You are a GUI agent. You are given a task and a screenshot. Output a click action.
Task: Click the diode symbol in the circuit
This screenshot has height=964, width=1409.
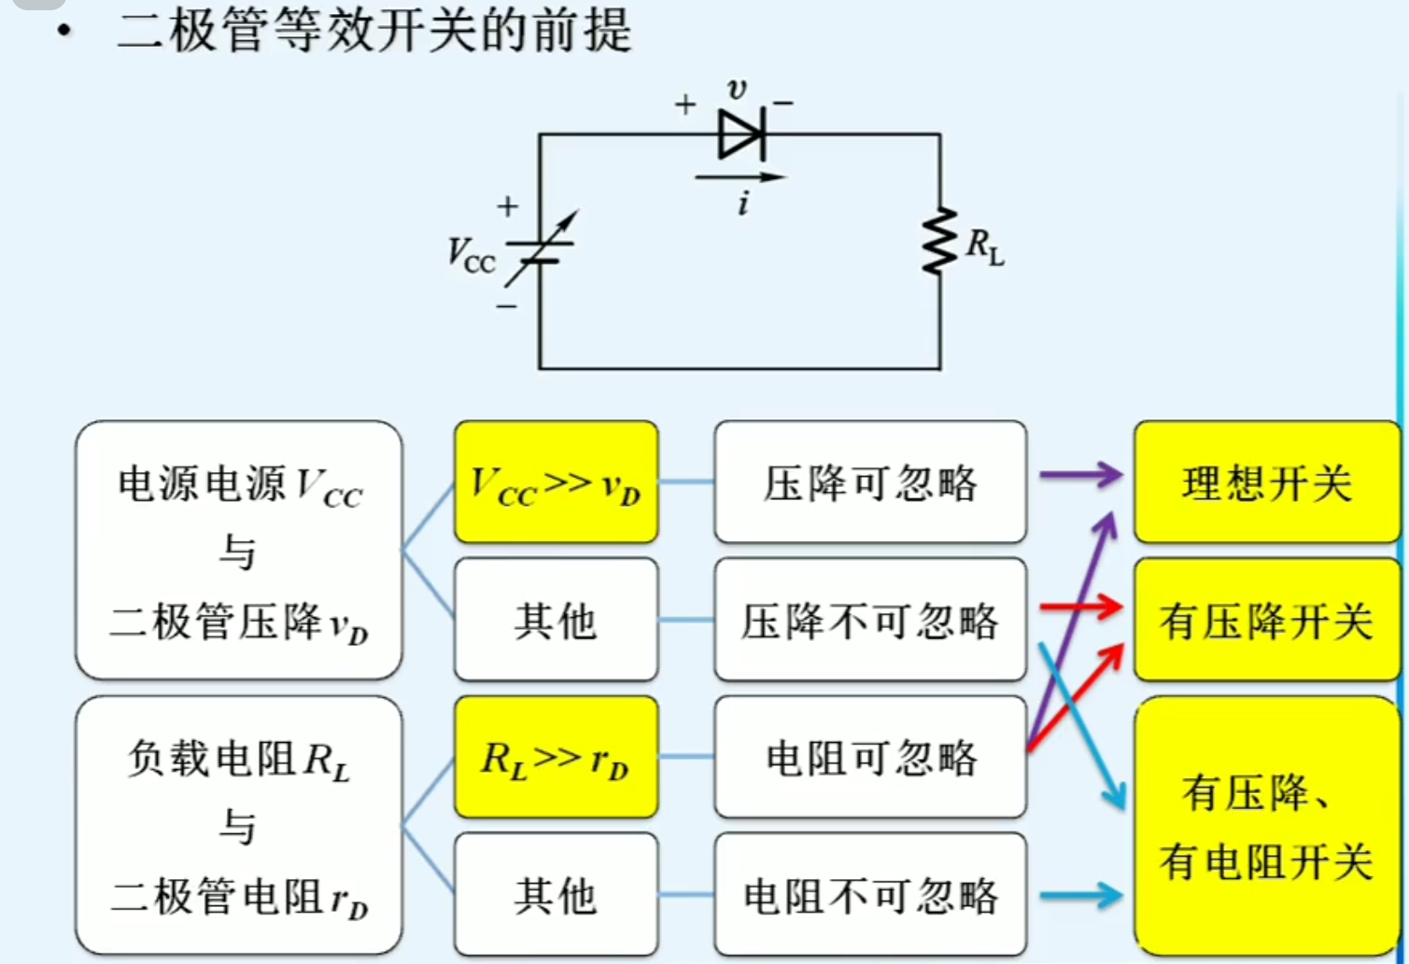pyautogui.click(x=741, y=134)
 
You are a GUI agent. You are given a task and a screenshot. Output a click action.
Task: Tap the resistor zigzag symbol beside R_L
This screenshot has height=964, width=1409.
pyautogui.click(x=939, y=241)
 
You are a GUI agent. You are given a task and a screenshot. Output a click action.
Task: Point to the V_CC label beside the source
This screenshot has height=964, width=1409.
pyautogui.click(x=471, y=254)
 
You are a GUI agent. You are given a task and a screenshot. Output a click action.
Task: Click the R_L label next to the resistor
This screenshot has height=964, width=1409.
pyautogui.click(x=984, y=246)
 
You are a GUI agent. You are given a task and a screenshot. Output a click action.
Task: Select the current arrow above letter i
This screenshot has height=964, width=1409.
pyautogui.click(x=740, y=176)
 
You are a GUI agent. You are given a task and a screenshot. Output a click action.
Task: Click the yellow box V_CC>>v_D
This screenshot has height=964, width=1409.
pyautogui.click(x=557, y=482)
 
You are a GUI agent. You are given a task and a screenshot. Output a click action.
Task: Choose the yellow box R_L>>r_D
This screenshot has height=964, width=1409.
pyautogui.click(x=557, y=758)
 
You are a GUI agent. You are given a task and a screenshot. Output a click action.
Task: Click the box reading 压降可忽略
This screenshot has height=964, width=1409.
pyautogui.click(x=870, y=482)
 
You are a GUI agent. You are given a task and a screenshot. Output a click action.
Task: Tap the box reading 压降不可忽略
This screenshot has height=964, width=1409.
pyautogui.click(x=870, y=621)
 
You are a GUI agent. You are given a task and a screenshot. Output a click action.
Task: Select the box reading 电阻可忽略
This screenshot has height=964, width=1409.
pyautogui.click(x=870, y=758)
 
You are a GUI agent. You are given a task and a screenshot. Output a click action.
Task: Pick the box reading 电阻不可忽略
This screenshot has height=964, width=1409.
pyautogui.click(x=870, y=895)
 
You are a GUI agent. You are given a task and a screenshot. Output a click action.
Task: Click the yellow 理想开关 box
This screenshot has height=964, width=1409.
pyautogui.click(x=1266, y=482)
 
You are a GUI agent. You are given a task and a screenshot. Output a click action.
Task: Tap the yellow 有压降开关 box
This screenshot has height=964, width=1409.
pyautogui.click(x=1266, y=621)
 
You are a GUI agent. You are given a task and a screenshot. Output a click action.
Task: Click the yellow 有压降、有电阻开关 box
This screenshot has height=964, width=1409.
pyautogui.click(x=1266, y=826)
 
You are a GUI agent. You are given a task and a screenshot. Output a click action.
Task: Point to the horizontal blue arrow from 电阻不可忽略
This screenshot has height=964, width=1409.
pyautogui.click(x=1080, y=896)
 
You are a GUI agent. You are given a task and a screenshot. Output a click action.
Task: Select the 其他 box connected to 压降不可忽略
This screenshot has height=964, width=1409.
pyautogui.click(x=557, y=621)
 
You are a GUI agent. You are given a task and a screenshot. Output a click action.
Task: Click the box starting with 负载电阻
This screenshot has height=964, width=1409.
pyautogui.click(x=239, y=825)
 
